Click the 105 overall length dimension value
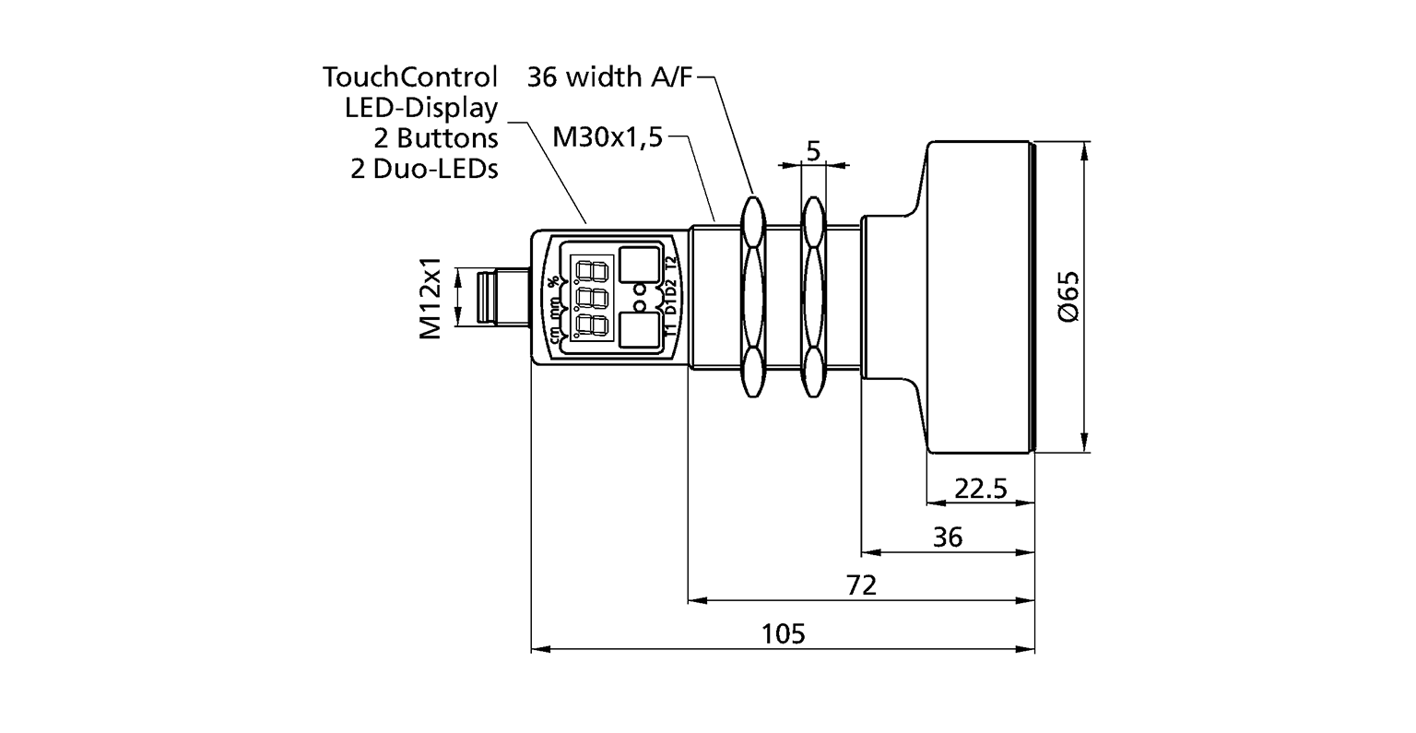pyautogui.click(x=784, y=634)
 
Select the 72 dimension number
pyautogui.click(x=862, y=585)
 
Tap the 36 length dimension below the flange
pyautogui.click(x=947, y=538)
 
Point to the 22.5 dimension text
pyautogui.click(x=980, y=488)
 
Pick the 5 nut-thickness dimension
pyautogui.click(x=813, y=150)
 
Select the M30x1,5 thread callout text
pyautogui.click(x=608, y=138)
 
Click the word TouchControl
pyautogui.click(x=410, y=77)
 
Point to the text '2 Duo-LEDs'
pyautogui.click(x=424, y=170)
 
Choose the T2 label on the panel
pyautogui.click(x=671, y=265)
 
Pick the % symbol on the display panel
pyautogui.click(x=553, y=281)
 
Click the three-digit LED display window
pyautogui.click(x=591, y=299)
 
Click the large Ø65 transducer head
pyautogui.click(x=979, y=296)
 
